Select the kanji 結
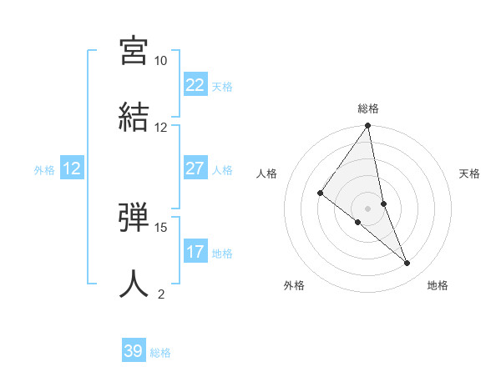[134, 116]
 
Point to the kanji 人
[134, 283]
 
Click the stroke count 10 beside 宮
[161, 61]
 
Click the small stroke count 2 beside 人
[161, 294]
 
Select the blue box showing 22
[195, 85]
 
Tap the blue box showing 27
[195, 168]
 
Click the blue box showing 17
[195, 252]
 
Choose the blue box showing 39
[134, 351]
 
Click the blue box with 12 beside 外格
[72, 168]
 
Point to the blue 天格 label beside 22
[222, 87]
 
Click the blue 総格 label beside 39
[160, 353]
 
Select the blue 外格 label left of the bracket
[44, 170]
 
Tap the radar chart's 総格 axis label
[368, 108]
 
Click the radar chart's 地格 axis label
[438, 286]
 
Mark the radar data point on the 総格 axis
[368, 127]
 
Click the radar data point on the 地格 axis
[407, 264]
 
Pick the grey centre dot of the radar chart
[368, 208]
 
